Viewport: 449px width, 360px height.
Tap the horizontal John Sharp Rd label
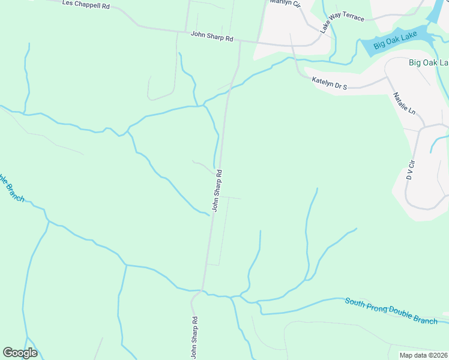211,37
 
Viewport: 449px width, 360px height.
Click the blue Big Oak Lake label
395,44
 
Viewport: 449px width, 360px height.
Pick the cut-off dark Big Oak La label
429,62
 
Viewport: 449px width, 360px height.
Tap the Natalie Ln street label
404,103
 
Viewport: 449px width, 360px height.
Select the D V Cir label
411,170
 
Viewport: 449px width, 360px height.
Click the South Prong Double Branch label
391,310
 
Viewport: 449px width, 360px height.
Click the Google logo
20,353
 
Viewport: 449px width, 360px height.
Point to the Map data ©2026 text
423,355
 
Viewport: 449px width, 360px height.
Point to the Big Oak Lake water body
420,38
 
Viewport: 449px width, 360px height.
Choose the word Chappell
85,5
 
